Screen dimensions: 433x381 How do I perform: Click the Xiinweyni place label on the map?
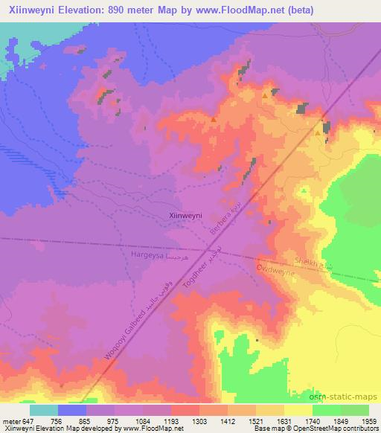point(186,215)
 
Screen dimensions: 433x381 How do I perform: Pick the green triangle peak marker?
point(304,190)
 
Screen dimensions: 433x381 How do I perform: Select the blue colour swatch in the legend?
point(72,410)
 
